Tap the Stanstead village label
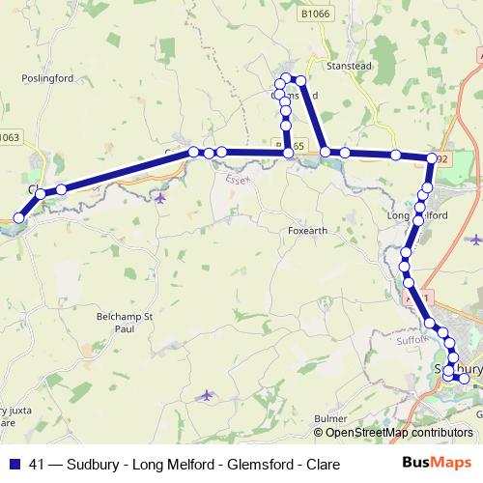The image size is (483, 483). pyautogui.click(x=349, y=68)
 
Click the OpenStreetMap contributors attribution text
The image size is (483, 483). pyautogui.click(x=399, y=433)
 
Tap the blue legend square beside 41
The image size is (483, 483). pyautogui.click(x=14, y=464)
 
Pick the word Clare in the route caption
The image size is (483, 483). pyautogui.click(x=323, y=464)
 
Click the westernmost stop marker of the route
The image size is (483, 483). pyautogui.click(x=19, y=218)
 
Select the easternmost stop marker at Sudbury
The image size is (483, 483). pyautogui.click(x=465, y=378)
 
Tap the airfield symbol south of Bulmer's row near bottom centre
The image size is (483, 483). pyautogui.click(x=205, y=394)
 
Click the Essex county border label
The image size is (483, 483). pyautogui.click(x=238, y=180)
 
